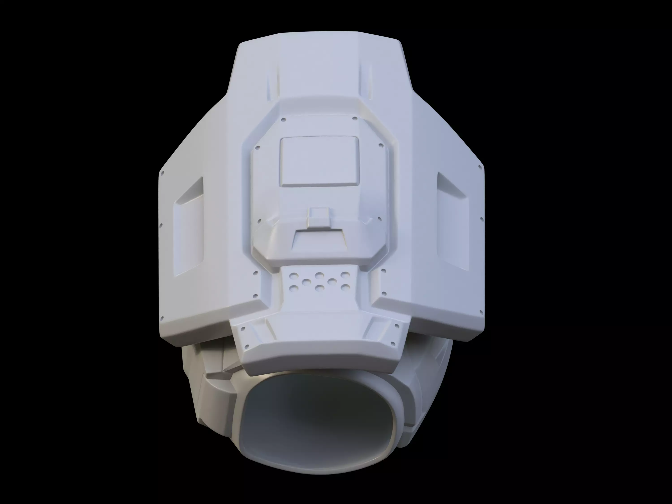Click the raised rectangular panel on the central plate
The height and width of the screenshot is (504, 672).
point(319,161)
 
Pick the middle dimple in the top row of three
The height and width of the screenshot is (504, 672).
point(319,276)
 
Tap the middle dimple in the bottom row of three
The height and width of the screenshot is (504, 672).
point(319,287)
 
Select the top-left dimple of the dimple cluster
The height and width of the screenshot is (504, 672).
point(293,276)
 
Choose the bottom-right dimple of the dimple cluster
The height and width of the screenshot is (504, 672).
point(344,287)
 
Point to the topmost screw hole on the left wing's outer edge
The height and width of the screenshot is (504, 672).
point(162,174)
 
